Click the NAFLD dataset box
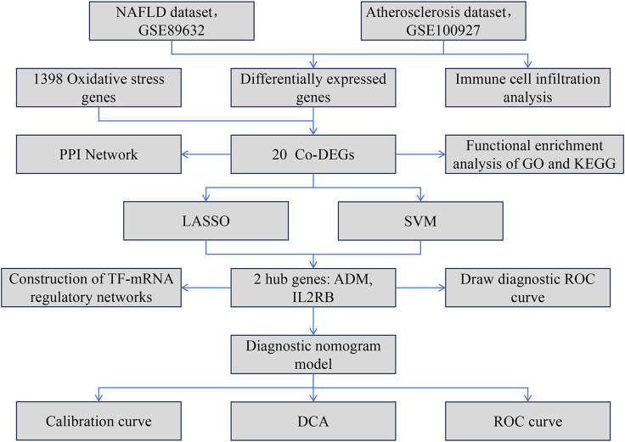172,21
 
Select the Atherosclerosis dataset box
443,21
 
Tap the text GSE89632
172,31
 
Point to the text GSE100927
443,31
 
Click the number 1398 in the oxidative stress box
48,79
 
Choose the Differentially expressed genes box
313,87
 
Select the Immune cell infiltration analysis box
527,87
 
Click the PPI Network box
99,154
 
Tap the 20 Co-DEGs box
313,154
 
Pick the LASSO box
206,221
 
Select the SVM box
420,221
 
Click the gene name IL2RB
313,297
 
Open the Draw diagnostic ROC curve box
527,288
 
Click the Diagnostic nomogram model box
313,355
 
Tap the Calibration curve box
99,421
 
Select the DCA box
313,421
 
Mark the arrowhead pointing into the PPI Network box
185,154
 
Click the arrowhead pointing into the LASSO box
206,197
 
